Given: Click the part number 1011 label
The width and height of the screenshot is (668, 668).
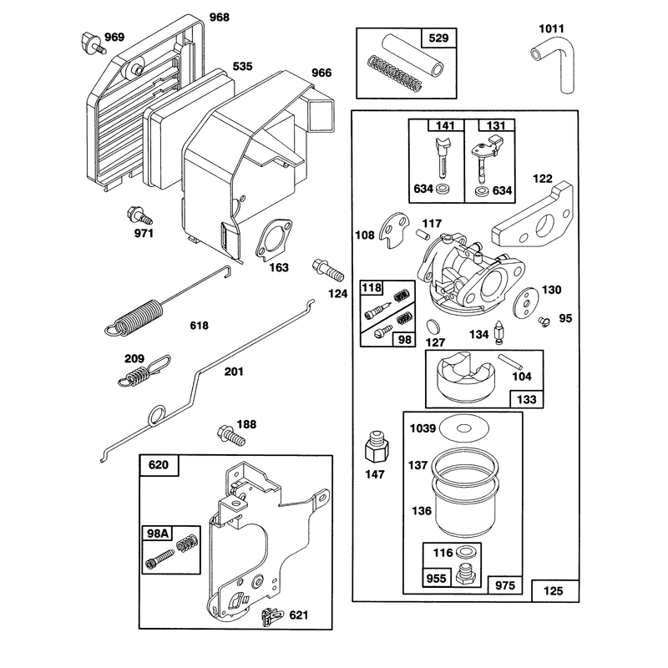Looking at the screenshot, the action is tap(551, 28).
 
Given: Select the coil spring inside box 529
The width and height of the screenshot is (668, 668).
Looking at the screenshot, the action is tap(394, 73).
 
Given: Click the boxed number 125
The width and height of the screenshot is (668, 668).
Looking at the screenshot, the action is tap(553, 591).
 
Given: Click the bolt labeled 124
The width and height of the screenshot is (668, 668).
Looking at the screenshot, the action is tap(328, 270).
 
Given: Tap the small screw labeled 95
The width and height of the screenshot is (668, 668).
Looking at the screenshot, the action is tap(544, 321).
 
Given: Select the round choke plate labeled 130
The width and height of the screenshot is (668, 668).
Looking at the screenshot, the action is tap(526, 303).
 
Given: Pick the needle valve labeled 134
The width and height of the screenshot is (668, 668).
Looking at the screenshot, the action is tap(498, 333).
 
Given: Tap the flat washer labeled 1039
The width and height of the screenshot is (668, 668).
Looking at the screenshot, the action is tap(464, 428).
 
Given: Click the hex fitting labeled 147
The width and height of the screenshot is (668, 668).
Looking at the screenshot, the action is tap(377, 446).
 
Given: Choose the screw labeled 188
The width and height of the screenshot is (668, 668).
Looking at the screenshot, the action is tap(231, 436).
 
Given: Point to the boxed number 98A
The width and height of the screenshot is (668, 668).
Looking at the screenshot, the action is tap(157, 533).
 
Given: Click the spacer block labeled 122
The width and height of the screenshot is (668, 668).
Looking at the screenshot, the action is tap(533, 215).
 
